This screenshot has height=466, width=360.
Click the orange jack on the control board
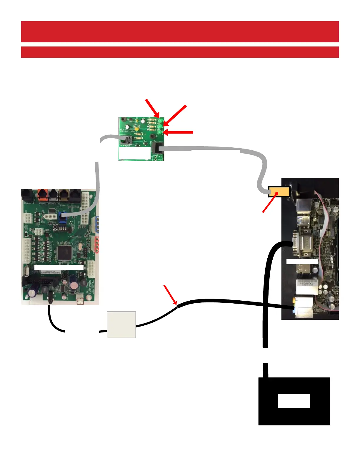pos(43,195)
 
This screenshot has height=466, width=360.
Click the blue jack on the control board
pos(62,217)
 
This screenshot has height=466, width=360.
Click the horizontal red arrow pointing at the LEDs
pos(178,132)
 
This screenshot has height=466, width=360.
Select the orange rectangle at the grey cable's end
pos(279,192)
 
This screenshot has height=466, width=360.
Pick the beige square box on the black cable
pos(121,325)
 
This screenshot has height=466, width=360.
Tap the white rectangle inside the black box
pos(294,401)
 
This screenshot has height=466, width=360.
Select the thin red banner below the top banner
pos(180,52)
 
